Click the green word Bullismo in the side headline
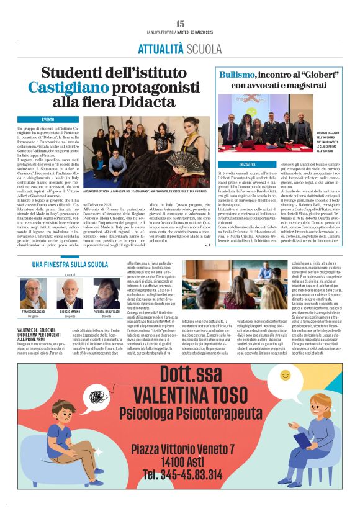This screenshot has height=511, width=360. point(239,74)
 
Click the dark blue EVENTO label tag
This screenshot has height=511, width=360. point(48,119)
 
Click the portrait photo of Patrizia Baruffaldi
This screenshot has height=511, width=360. point(107,293)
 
